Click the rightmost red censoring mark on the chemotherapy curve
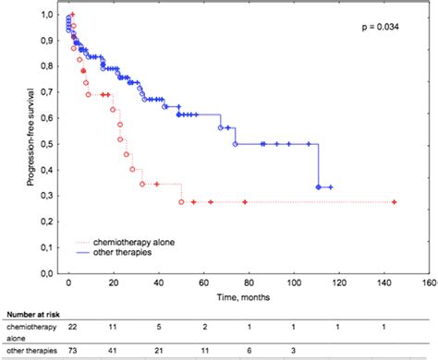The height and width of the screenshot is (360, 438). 395,201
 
